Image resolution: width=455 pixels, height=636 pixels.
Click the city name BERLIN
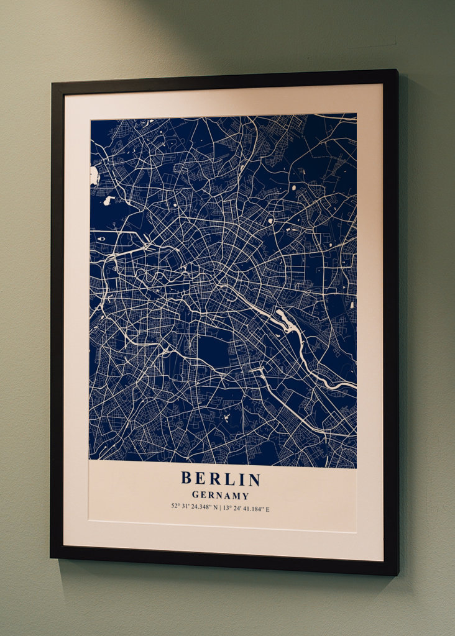point(221,479)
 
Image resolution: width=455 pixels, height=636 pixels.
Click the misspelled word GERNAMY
point(220,496)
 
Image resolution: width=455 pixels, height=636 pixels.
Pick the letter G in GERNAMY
point(195,496)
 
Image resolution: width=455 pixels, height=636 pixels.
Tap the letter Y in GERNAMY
point(246,496)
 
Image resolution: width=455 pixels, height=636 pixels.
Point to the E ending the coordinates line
point(267,509)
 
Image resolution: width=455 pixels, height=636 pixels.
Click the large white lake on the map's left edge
point(94,176)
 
